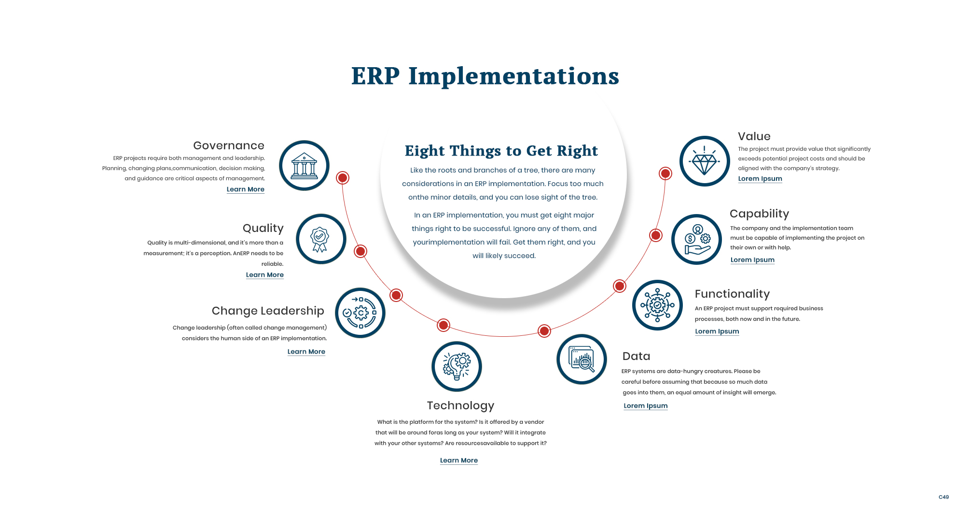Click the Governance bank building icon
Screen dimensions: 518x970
(304, 166)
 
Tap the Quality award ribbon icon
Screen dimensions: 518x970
(320, 239)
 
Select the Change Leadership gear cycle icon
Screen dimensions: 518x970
(360, 313)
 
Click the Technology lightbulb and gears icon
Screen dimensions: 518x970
(457, 366)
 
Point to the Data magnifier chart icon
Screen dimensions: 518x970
(582, 360)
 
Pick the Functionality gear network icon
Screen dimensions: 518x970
(657, 305)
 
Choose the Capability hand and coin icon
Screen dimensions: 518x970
(696, 239)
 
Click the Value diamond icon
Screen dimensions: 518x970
(705, 161)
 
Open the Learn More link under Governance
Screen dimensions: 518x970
(246, 189)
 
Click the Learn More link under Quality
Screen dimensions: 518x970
(265, 275)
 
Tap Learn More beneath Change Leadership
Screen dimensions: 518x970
(306, 352)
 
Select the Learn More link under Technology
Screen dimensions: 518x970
(459, 460)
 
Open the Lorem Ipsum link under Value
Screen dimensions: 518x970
(760, 179)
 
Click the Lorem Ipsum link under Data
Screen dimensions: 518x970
(646, 406)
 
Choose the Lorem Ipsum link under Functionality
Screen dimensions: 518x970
(717, 331)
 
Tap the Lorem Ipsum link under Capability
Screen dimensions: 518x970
(752, 260)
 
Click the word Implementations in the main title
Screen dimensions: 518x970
(513, 76)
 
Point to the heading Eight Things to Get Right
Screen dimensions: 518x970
(501, 151)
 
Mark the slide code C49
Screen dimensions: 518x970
(943, 497)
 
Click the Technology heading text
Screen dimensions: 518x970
(460, 405)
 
